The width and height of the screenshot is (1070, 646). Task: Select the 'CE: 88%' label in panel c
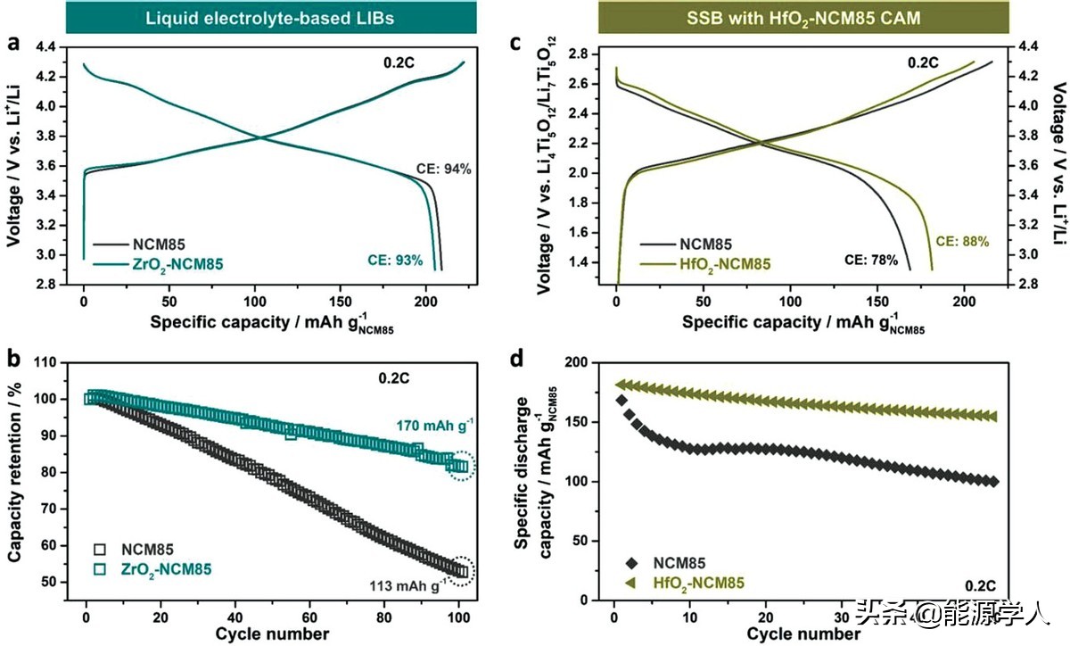pos(962,242)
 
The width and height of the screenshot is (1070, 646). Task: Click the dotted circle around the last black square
pos(461,571)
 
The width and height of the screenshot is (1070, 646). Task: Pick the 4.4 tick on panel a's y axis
pos(45,46)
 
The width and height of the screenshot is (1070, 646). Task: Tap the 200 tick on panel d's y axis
pos(580,362)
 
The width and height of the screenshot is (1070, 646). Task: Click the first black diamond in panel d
pos(621,400)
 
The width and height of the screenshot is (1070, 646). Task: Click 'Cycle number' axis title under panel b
pos(271,634)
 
